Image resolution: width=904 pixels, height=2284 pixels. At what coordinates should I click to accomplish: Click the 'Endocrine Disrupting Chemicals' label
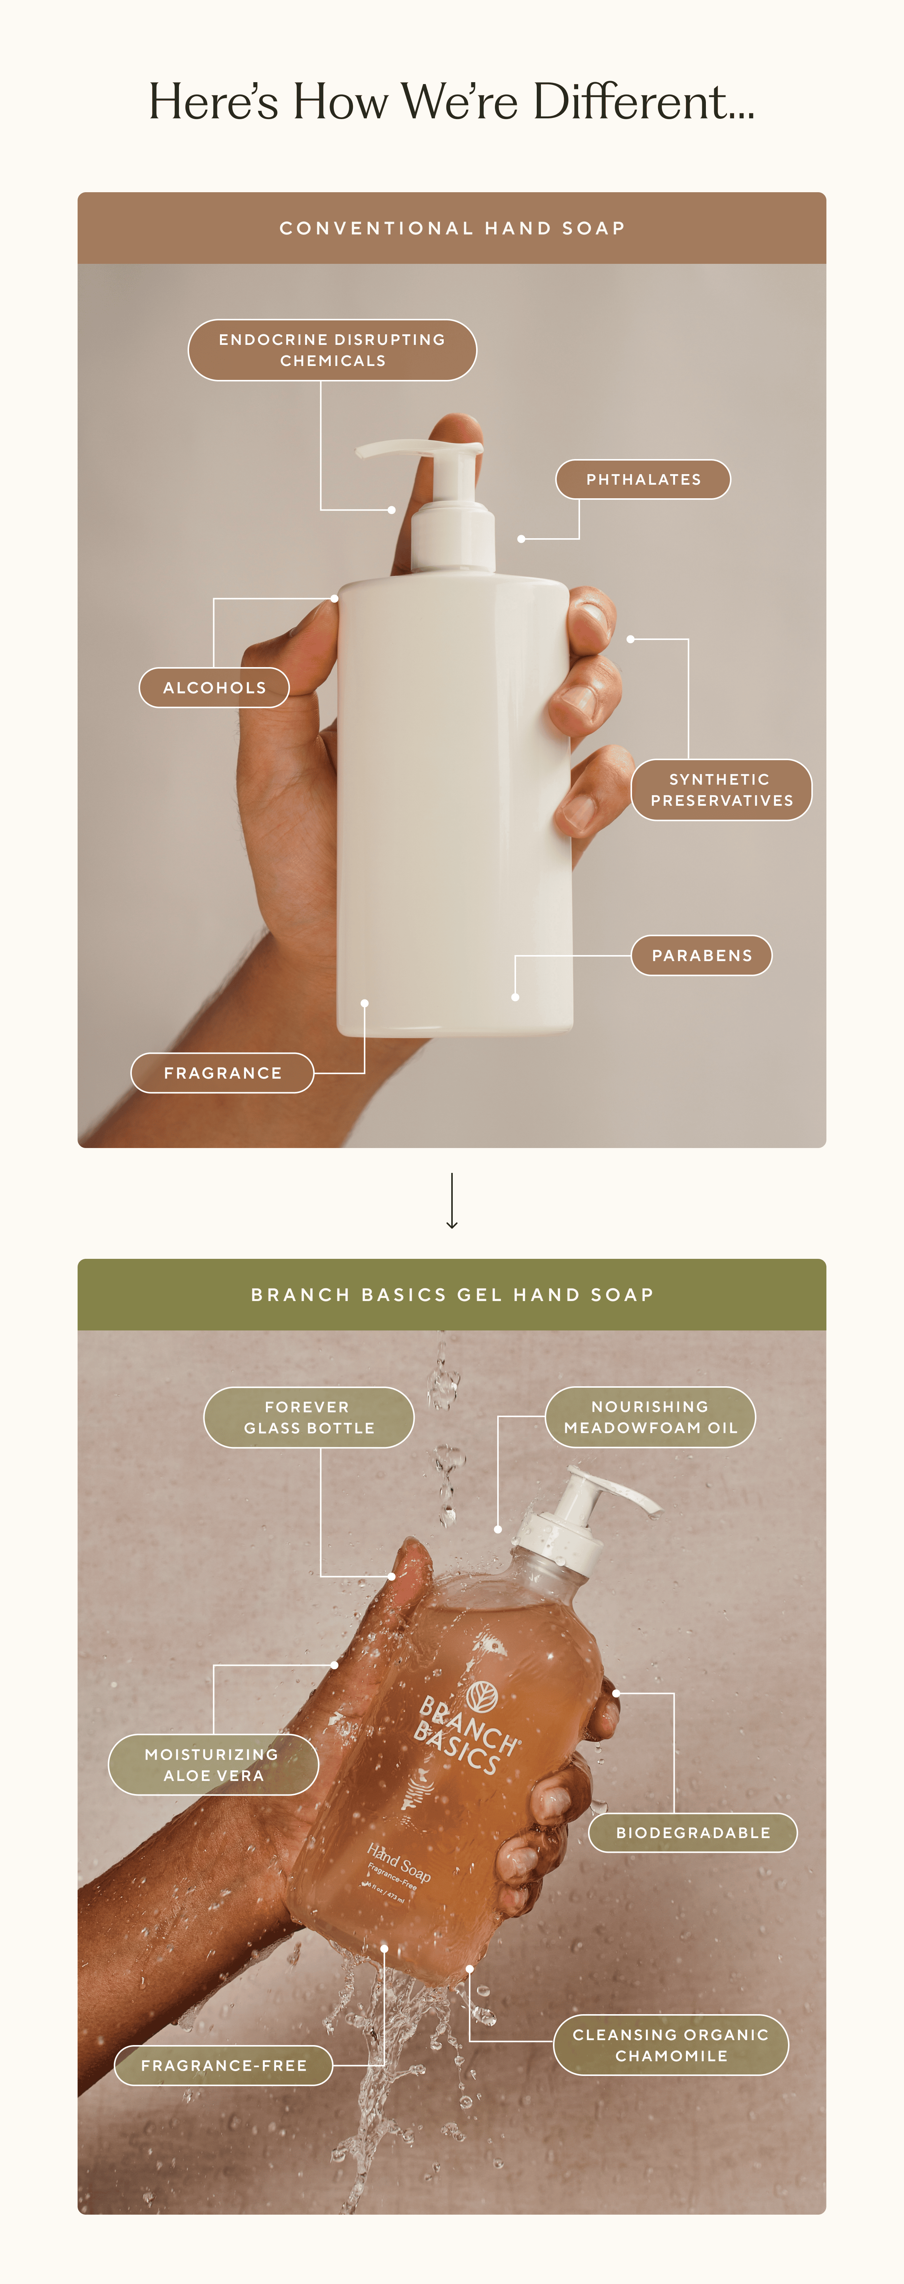[332, 350]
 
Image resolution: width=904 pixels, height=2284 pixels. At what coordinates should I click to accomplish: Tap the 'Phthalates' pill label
[643, 480]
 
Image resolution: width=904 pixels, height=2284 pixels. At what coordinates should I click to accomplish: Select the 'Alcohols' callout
[214, 688]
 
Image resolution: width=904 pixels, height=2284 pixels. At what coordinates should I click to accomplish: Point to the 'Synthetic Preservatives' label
[721, 790]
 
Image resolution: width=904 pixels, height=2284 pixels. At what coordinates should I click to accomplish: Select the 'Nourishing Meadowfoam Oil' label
[651, 1417]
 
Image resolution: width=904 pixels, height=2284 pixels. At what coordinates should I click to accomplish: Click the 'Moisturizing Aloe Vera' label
[213, 1764]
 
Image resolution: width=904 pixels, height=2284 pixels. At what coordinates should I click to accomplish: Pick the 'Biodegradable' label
[693, 1833]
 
